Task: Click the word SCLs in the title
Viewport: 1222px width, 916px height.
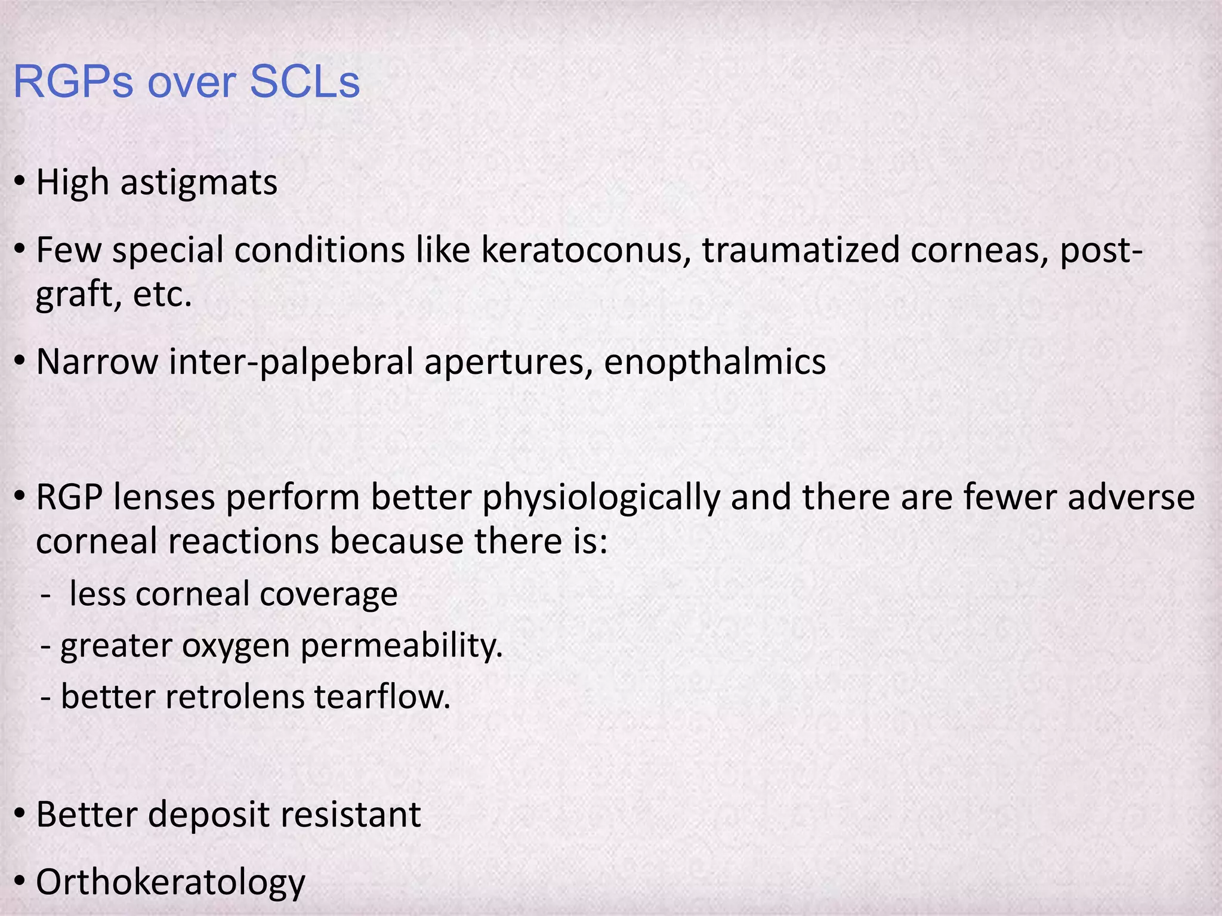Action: [304, 82]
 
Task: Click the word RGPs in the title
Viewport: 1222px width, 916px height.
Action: [73, 82]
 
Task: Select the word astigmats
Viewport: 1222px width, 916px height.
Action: [199, 182]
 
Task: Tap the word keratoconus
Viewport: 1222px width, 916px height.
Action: [582, 250]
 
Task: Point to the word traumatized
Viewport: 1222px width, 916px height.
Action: [801, 250]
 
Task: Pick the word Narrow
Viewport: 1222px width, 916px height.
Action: [97, 361]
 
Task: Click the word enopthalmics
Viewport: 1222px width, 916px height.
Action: [715, 361]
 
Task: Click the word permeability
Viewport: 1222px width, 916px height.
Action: [402, 646]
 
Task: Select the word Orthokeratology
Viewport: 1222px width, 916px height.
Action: [171, 883]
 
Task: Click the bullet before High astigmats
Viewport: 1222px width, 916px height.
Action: [20, 181]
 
